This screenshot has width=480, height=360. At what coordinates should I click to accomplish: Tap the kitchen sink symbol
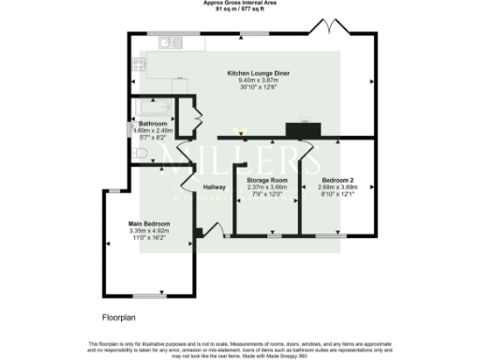point(170,41)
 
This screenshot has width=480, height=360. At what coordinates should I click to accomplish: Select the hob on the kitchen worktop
point(139,64)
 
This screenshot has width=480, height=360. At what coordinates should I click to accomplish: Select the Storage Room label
point(265,179)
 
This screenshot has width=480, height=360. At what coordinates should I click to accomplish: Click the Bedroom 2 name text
point(339,179)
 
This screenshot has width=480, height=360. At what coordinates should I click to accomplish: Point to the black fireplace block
point(302,131)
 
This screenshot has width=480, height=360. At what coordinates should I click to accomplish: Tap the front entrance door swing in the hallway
point(213,227)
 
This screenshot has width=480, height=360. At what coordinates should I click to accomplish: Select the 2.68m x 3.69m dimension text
point(339,187)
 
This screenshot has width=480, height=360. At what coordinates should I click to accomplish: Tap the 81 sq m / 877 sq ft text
point(240,10)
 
